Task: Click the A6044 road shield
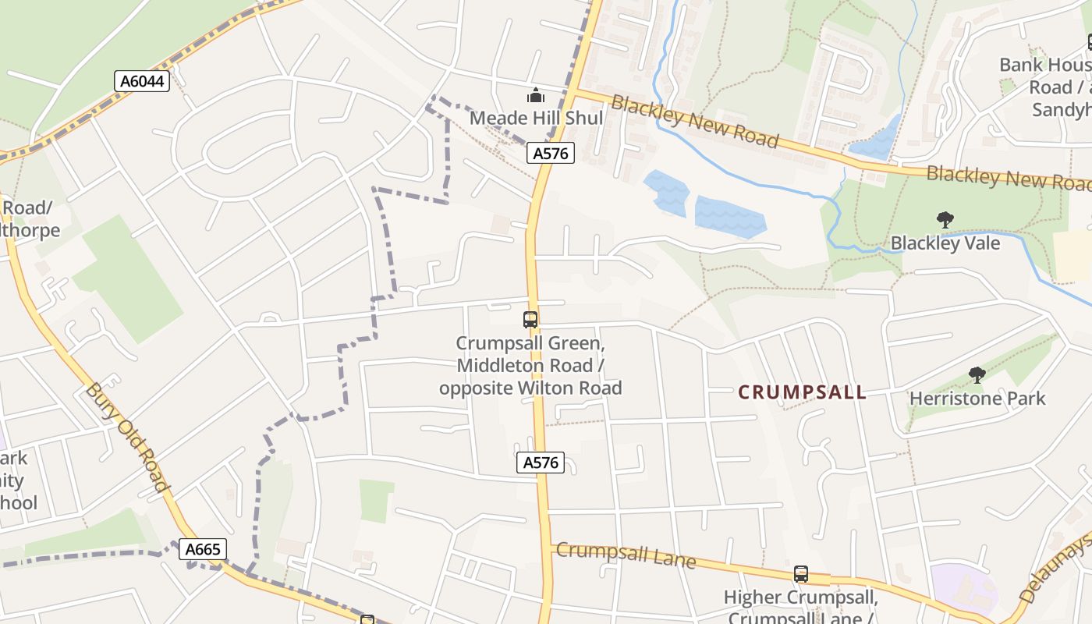point(142,80)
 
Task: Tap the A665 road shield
point(203,549)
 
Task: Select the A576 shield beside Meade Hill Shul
point(551,153)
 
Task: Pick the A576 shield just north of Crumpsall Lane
point(541,463)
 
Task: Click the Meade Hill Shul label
point(536,118)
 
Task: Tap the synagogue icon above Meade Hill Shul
point(536,96)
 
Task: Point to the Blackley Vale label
point(945,243)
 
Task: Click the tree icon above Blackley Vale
point(945,220)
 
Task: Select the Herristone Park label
point(977,398)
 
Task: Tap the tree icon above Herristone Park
point(977,375)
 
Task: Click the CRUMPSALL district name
point(802,392)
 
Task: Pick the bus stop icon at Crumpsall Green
point(530,319)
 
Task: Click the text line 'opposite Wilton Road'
point(530,388)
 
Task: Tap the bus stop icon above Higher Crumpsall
point(800,574)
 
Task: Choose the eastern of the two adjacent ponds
point(729,217)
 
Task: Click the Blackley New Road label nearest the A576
point(694,122)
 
